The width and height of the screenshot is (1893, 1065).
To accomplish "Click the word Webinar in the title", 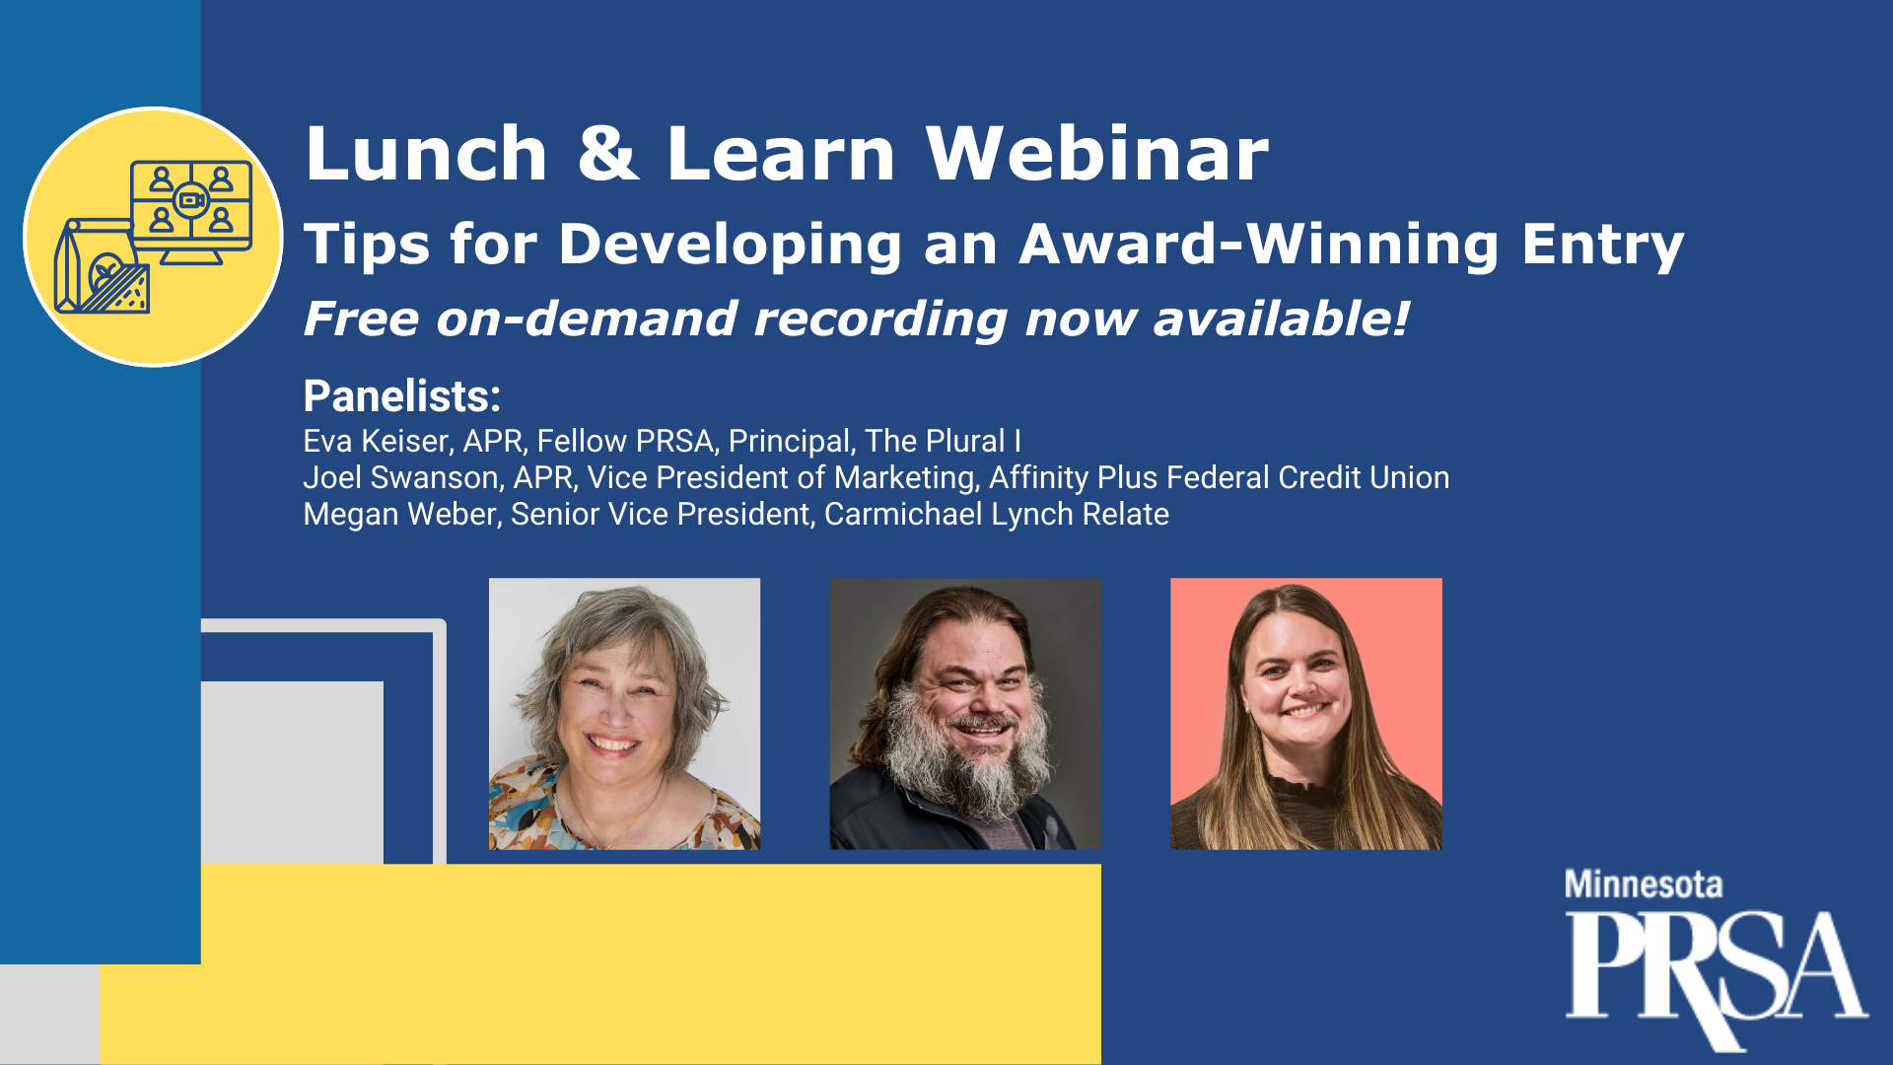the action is [1097, 154].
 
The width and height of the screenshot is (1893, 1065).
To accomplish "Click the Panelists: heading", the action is [402, 396].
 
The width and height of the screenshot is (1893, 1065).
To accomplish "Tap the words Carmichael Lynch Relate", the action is [997, 514].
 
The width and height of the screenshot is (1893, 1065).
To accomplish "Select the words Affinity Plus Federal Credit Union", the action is [1219, 477].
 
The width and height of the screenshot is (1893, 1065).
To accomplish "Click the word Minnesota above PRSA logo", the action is [1644, 885].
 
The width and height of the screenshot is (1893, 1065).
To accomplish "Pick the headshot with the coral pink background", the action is [1306, 714].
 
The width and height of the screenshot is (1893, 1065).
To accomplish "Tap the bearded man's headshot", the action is [965, 714].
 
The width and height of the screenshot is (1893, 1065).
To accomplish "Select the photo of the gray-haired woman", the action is [625, 714].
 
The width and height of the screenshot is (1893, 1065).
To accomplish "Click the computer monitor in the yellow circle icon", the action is [191, 212].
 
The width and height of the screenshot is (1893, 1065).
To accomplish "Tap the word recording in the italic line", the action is [880, 319].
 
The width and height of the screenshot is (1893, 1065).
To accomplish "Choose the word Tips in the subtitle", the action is [367, 245].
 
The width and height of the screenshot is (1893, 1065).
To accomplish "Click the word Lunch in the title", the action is [426, 154].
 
